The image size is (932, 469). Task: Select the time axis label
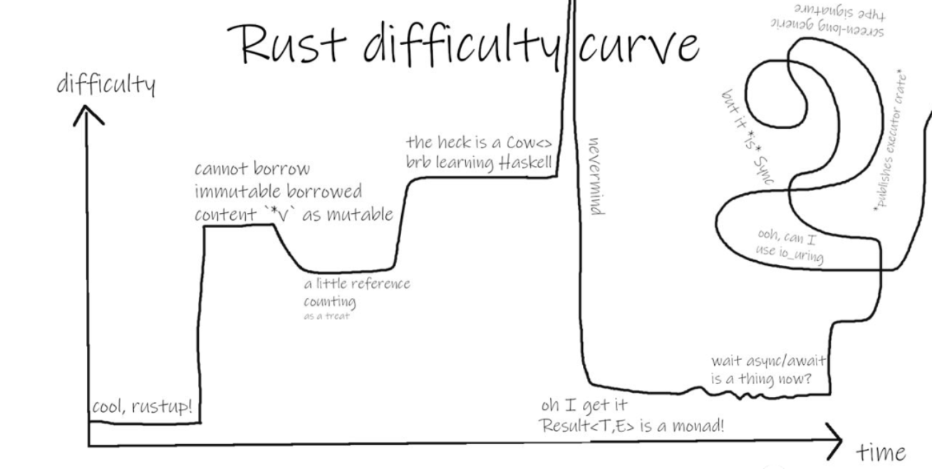pyautogui.click(x=881, y=452)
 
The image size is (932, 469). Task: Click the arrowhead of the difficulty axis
pyautogui.click(x=88, y=113)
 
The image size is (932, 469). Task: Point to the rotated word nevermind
pyautogui.click(x=597, y=175)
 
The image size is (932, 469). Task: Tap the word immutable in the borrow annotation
pyautogui.click(x=239, y=192)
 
